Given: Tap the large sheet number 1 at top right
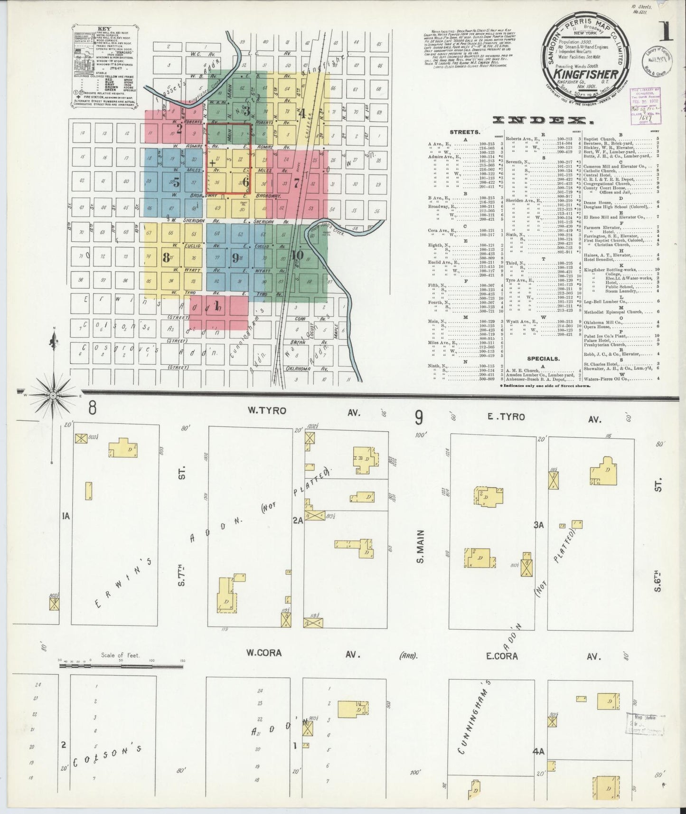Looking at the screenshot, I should [x=666, y=32].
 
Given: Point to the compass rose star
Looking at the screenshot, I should [x=53, y=395].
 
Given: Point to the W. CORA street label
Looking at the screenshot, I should [x=263, y=653].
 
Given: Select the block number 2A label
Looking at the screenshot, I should [x=298, y=521].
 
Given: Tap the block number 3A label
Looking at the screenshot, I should [x=538, y=525].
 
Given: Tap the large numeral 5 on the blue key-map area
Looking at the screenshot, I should [x=176, y=182].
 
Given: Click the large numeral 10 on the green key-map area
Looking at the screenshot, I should [x=297, y=255].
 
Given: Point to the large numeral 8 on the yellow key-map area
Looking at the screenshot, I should [x=166, y=257].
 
